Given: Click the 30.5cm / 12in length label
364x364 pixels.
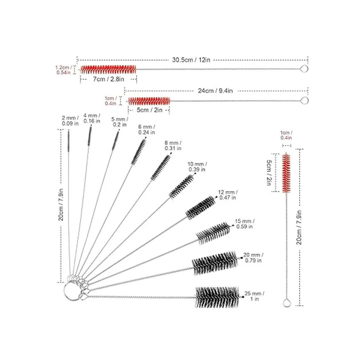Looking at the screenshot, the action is point(191,60).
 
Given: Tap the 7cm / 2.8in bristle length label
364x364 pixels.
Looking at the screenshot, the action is point(108,79).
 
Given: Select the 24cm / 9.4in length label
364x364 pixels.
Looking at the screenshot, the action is point(215,91).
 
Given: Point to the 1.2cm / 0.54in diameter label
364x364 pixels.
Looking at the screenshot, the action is point(63,70).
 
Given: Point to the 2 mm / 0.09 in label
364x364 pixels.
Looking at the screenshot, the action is point(70,121).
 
